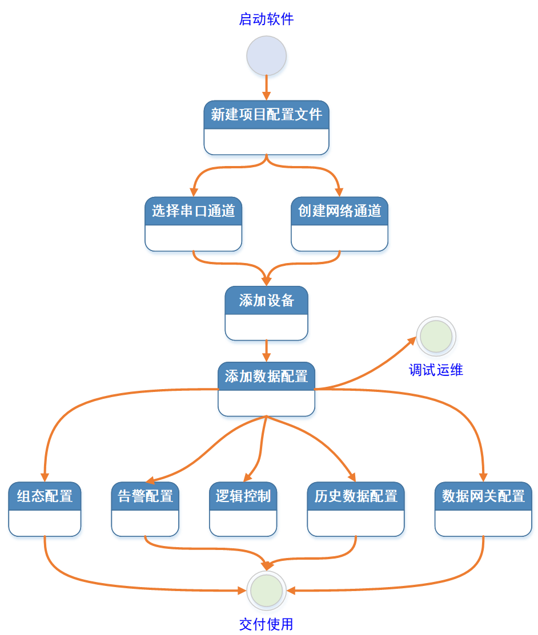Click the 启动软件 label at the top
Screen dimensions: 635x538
click(x=266, y=19)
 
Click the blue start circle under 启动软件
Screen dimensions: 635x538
click(x=266, y=56)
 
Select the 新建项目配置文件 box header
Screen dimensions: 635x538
click(x=266, y=115)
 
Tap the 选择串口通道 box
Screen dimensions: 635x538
click(x=193, y=224)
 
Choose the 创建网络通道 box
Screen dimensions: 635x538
click(x=339, y=224)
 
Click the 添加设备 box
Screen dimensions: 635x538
click(x=266, y=313)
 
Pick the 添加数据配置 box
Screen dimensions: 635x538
click(x=266, y=389)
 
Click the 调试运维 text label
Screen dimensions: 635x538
click(x=436, y=370)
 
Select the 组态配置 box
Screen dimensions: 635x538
click(x=45, y=509)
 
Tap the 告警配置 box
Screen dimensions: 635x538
click(x=145, y=509)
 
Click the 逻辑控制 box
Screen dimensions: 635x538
click(x=243, y=509)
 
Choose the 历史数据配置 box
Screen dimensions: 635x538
click(x=356, y=509)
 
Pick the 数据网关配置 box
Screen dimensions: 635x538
click(x=483, y=509)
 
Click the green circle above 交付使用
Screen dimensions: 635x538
click(x=267, y=590)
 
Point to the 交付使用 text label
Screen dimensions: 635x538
click(x=266, y=624)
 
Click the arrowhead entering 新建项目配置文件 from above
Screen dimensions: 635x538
click(x=266, y=95)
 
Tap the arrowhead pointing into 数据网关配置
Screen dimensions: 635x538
click(x=484, y=477)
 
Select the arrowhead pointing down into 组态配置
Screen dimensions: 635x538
click(x=45, y=477)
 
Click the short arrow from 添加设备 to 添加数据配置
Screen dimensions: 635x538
click(x=266, y=350)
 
